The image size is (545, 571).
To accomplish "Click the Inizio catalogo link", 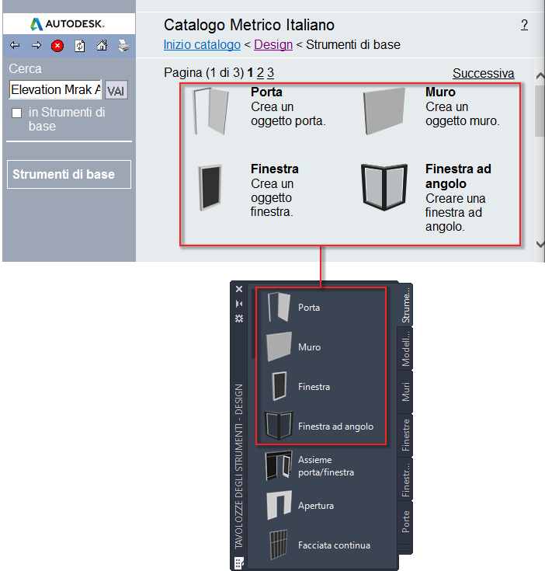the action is pyautogui.click(x=202, y=45).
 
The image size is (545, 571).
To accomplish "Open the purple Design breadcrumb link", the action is pyautogui.click(x=273, y=45).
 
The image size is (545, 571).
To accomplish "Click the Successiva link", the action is pyautogui.click(x=483, y=73).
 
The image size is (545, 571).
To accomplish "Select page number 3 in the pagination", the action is pyautogui.click(x=270, y=73).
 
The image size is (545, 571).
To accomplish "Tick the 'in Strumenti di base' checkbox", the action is pyautogui.click(x=17, y=113).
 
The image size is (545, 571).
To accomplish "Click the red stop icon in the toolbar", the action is pyautogui.click(x=57, y=46).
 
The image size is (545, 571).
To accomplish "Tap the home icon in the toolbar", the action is pyautogui.click(x=102, y=46).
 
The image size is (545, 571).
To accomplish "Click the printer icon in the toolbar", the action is pyautogui.click(x=123, y=46).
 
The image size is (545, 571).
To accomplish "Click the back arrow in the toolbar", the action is pyautogui.click(x=15, y=46).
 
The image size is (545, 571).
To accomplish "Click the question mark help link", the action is pyautogui.click(x=524, y=25).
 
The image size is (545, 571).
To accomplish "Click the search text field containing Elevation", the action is pyautogui.click(x=55, y=89).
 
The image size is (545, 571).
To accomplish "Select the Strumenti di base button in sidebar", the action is pyautogui.click(x=69, y=175).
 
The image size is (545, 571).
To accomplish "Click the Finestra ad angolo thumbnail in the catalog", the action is pyautogui.click(x=384, y=186).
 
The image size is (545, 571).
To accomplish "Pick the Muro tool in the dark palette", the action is pyautogui.click(x=309, y=347).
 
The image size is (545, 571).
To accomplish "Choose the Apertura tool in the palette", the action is pyautogui.click(x=316, y=506).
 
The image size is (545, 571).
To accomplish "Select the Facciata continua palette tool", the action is pyautogui.click(x=334, y=545).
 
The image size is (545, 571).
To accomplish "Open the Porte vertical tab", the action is pyautogui.click(x=406, y=522).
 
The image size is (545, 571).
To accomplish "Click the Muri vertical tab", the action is pyautogui.click(x=406, y=392).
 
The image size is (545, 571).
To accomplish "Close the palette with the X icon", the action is pyautogui.click(x=239, y=289).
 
